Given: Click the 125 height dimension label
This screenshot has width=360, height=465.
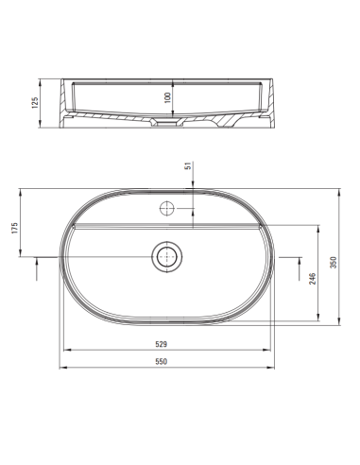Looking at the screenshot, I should (35, 101).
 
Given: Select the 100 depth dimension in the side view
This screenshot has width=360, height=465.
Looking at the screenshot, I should (166, 97).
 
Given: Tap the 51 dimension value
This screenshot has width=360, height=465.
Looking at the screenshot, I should (189, 167).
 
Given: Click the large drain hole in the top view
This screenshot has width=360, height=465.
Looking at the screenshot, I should (167, 254).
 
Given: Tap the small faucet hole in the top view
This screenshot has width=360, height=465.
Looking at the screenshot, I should (167, 205).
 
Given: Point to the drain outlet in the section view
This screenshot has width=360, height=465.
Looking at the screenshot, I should (166, 124).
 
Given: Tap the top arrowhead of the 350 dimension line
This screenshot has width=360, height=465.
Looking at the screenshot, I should (328, 185).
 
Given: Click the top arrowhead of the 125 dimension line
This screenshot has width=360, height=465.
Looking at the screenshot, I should (43, 79).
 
